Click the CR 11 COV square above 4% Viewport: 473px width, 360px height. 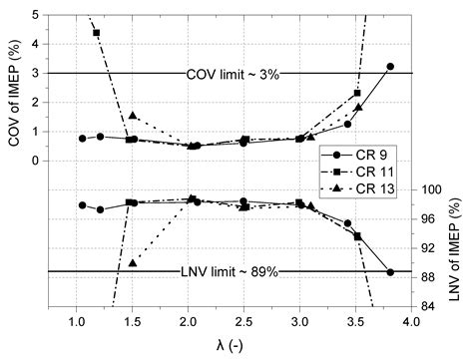click(97, 33)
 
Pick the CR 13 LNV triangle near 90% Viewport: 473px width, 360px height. click(133, 263)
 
